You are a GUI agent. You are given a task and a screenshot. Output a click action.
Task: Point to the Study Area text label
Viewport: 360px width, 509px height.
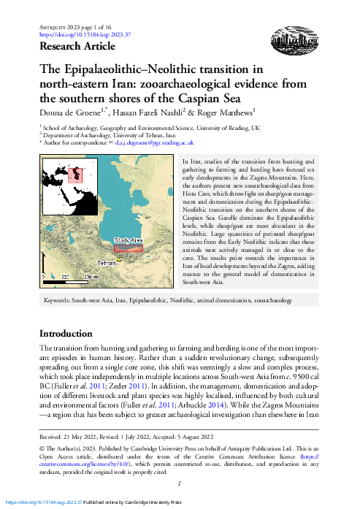click(128, 240)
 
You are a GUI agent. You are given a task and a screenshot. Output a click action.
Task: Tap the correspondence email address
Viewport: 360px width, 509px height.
click(157, 145)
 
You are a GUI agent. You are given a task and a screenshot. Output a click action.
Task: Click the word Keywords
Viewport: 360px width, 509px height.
click(62, 300)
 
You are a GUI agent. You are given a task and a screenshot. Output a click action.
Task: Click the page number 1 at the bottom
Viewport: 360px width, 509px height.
click(180, 483)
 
